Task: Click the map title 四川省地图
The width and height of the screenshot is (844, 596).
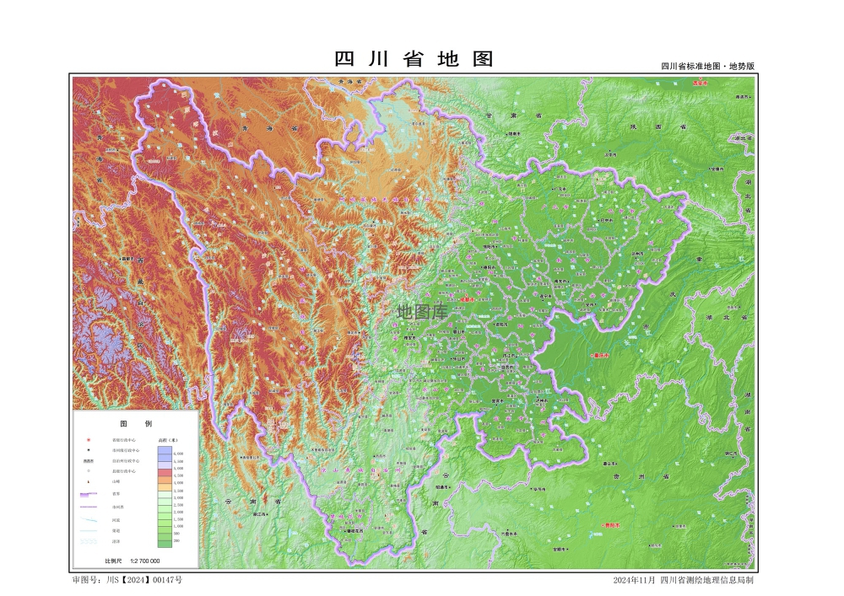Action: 414,60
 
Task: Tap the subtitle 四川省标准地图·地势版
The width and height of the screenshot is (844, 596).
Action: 707,66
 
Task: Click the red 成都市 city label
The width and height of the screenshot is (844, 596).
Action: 470,298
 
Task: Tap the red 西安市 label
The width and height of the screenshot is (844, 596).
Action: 700,83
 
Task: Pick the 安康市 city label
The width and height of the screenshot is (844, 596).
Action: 717,168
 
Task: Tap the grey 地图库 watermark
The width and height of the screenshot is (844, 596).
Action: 422,311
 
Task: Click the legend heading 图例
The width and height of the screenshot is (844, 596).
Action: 135,424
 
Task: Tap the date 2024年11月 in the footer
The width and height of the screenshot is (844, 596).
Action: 634,580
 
